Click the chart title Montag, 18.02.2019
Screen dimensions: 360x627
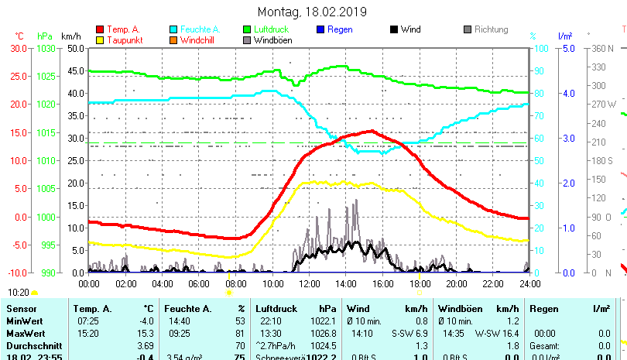click(x=313, y=12)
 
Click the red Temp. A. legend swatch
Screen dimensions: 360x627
click(x=100, y=29)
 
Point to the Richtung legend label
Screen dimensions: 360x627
click(x=491, y=29)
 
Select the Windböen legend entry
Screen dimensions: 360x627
click(x=272, y=39)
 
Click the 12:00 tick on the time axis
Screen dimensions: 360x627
click(x=309, y=283)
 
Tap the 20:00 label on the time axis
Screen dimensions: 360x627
click(x=456, y=283)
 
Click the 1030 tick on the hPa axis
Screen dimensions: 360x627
click(x=46, y=48)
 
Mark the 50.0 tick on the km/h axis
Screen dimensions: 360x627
click(x=75, y=48)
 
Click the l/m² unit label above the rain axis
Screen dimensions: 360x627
click(x=564, y=36)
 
